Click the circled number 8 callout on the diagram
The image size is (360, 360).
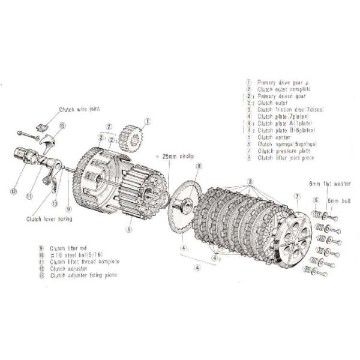pos(199,166)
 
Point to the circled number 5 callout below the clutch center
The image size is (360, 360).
pos(128,229)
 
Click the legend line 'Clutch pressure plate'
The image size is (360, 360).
pos(284,151)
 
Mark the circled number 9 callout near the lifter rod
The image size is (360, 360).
pos(68,209)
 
